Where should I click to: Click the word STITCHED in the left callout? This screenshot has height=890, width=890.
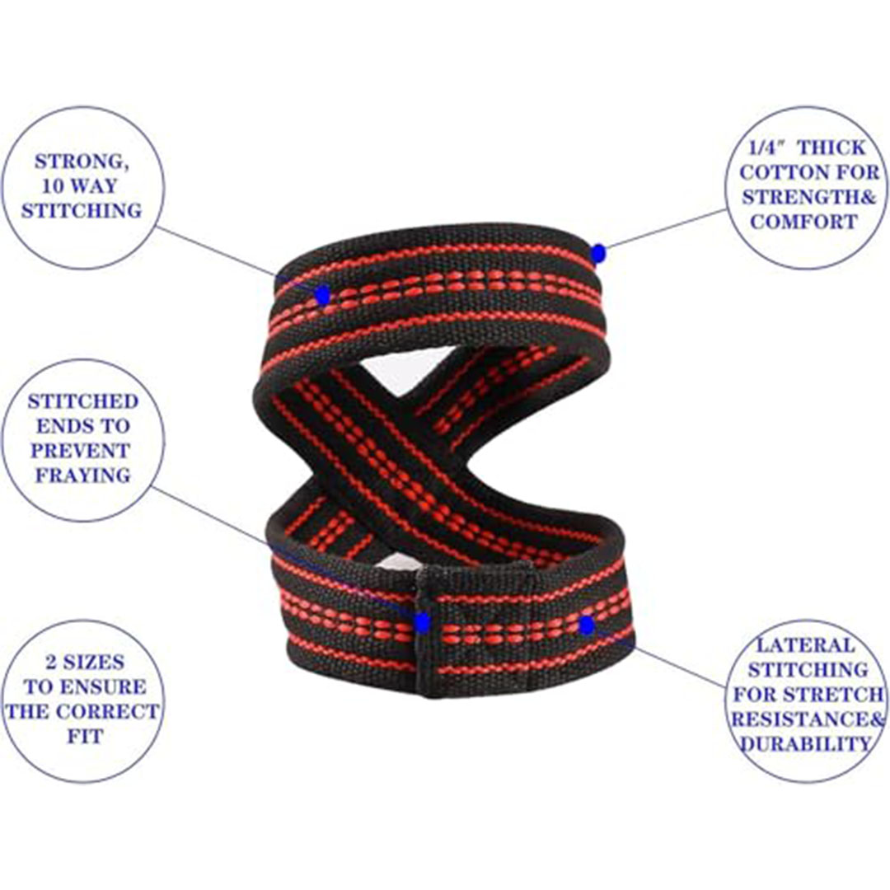point(83,401)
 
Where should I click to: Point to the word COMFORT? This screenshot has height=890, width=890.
point(803,222)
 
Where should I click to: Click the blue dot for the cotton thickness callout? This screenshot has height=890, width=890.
point(598,253)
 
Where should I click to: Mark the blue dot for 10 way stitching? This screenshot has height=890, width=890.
point(322,294)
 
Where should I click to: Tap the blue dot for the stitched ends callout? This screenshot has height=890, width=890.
point(423,622)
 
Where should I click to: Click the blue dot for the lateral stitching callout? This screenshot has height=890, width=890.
point(587,625)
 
